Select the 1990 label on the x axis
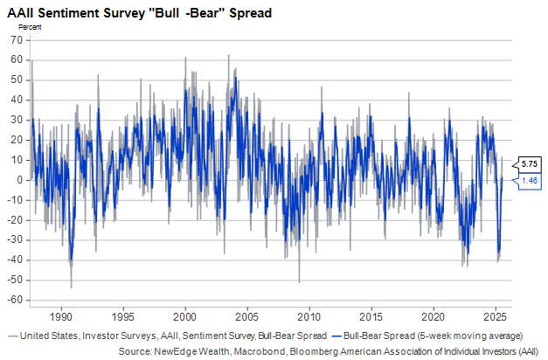60,315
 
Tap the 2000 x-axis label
185,315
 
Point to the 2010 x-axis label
310,315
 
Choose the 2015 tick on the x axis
372,315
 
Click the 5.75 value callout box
528,163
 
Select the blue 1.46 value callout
528,180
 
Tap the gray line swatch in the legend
10,335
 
